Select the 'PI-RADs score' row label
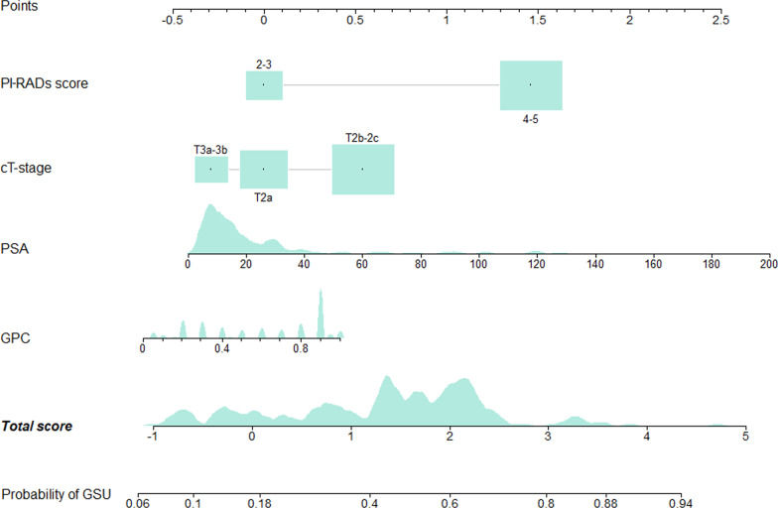tap(45, 83)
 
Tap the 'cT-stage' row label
tap(28, 167)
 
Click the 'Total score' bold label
tap(37, 427)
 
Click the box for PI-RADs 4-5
tap(531, 85)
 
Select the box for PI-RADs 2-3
tap(264, 85)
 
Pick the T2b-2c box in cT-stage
tap(363, 170)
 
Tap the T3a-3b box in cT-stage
tap(210, 170)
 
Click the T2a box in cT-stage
tap(264, 170)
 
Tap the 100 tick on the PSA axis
tap(478, 254)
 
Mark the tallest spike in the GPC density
tap(321, 298)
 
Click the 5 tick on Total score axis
tap(745, 427)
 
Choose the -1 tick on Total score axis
tap(153, 427)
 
